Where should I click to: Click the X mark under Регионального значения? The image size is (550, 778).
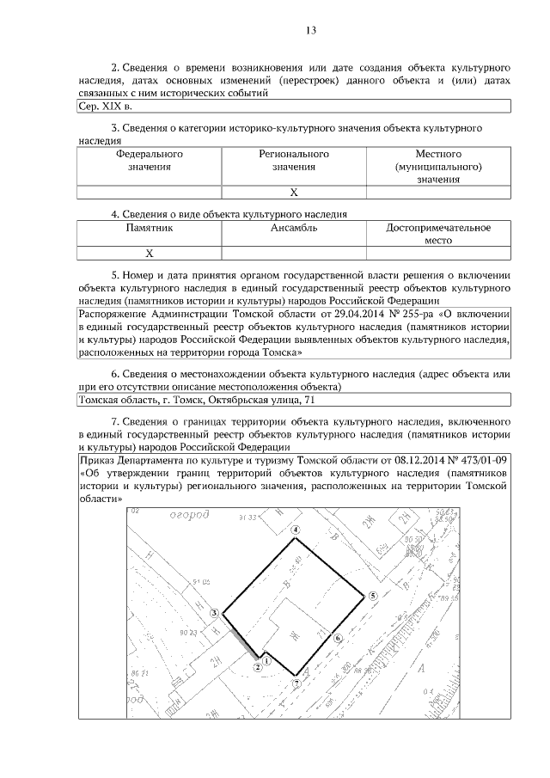(x=294, y=193)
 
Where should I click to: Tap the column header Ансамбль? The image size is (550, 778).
(x=294, y=229)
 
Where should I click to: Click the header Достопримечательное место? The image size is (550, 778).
(x=438, y=235)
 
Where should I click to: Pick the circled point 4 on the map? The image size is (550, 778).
(x=296, y=530)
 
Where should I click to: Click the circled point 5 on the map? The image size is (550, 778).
(x=372, y=596)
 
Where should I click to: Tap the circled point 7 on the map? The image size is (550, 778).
(x=296, y=683)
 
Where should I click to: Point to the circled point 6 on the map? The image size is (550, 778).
(x=338, y=639)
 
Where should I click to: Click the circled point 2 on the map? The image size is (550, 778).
(x=257, y=666)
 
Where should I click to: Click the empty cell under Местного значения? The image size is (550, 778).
(x=438, y=193)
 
